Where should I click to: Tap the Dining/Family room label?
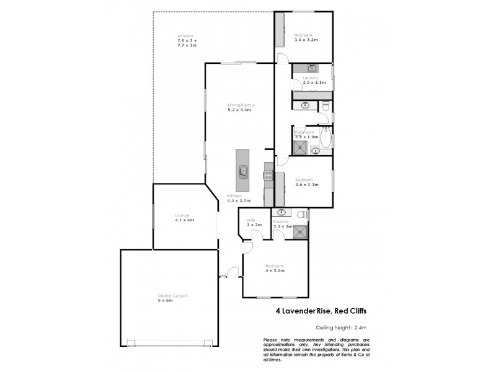coord(241,105)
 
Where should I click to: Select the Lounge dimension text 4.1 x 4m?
coord(184,220)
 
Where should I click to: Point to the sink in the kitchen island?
coord(244,172)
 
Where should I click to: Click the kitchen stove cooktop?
coord(268,175)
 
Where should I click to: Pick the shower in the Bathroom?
coord(300,147)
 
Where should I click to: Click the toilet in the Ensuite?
coord(301,215)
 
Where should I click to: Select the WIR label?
coord(251,220)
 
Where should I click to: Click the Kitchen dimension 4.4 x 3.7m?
coord(239,201)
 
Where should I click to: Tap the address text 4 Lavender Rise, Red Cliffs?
coord(320,312)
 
